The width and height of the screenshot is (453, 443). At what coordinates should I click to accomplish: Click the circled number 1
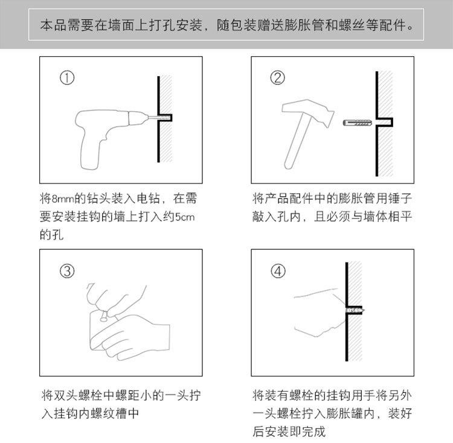point(67,78)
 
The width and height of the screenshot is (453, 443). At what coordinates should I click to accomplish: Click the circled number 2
point(277,78)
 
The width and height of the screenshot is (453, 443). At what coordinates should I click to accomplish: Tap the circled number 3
point(67,271)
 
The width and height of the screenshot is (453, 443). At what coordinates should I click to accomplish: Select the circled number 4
point(278,271)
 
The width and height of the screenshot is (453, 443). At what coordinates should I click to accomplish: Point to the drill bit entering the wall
point(158,118)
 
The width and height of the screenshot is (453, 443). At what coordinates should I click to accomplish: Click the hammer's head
point(308,111)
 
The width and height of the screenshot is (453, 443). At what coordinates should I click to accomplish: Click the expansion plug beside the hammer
point(358,123)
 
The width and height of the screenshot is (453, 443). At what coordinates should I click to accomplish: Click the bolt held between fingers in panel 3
point(104,317)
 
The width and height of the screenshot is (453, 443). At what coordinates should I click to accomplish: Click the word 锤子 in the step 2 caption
point(400,199)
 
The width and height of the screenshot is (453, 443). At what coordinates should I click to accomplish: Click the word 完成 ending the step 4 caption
point(313,432)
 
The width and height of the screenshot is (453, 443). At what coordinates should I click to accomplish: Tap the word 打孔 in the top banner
point(162,25)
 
